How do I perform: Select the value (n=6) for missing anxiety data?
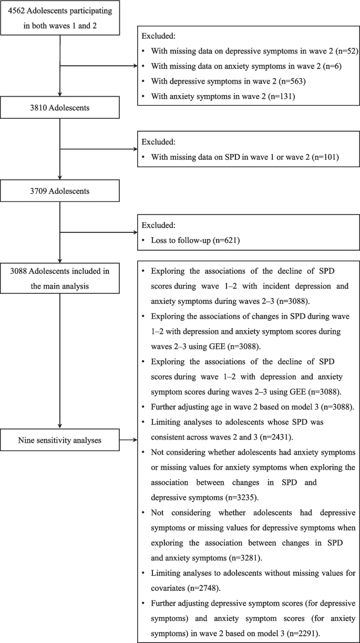(324, 66)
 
